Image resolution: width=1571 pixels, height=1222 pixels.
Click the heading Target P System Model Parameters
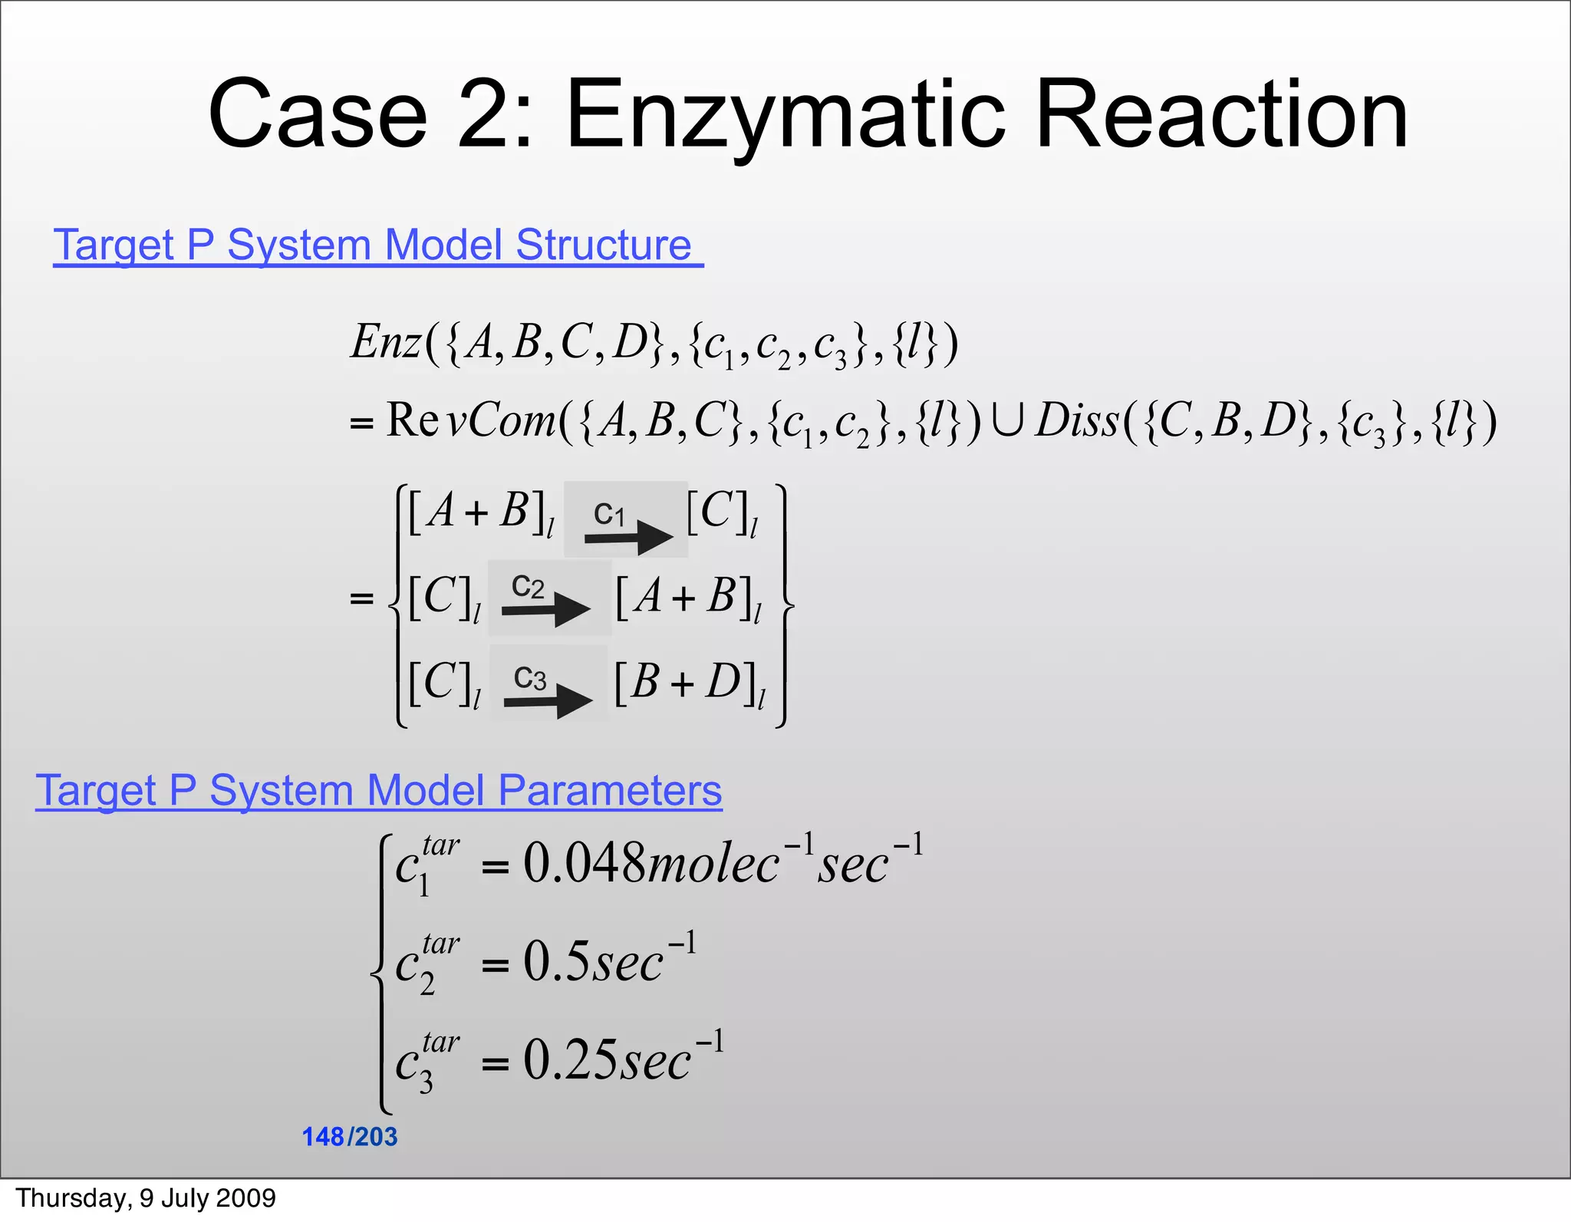click(x=379, y=790)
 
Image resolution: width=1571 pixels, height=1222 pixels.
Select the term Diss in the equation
click(x=1077, y=421)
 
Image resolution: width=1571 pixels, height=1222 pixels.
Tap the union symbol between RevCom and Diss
click(x=1007, y=423)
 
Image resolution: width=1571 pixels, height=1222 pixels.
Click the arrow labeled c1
click(x=628, y=536)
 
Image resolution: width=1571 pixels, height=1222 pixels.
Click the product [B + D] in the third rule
click(x=689, y=683)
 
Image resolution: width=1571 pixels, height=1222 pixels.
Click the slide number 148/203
click(x=350, y=1136)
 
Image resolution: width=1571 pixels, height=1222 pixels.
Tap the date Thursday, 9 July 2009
click(x=146, y=1198)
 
